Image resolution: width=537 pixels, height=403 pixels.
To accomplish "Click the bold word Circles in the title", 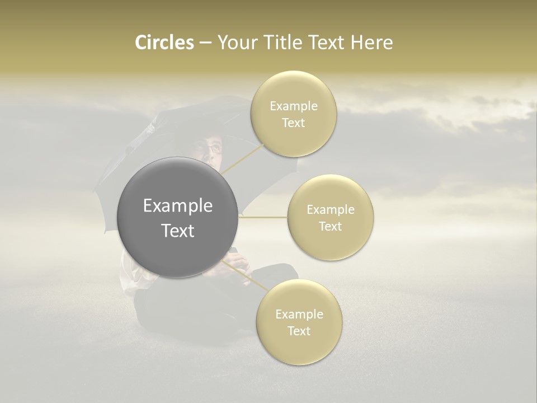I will point(164,43).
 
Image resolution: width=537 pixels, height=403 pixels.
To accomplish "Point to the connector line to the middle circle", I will point(263,217).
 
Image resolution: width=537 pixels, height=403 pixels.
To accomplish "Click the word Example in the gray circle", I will point(178,206).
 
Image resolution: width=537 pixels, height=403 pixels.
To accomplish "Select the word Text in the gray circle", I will point(178,231).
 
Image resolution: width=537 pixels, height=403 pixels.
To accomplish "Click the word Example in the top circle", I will point(294,106).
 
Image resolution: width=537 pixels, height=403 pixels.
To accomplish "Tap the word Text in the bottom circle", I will point(299,331).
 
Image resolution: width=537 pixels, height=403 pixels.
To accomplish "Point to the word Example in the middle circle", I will point(331,210).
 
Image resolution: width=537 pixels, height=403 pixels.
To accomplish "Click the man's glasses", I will point(213,148).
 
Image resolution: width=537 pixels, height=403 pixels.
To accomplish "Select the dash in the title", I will point(205,43).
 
